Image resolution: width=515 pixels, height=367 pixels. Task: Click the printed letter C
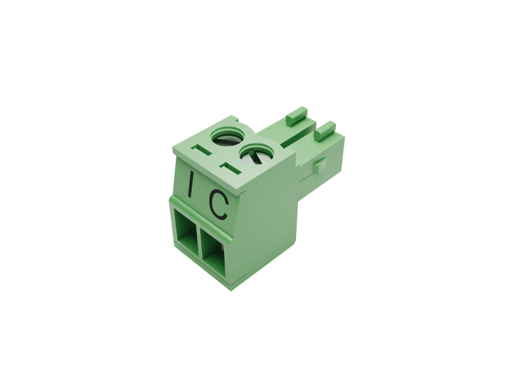pos(219,205)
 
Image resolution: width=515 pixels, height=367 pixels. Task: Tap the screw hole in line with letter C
pos(256,155)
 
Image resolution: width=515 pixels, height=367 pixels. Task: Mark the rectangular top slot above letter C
pos(231,168)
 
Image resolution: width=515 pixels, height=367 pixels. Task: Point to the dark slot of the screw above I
pos(226,140)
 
